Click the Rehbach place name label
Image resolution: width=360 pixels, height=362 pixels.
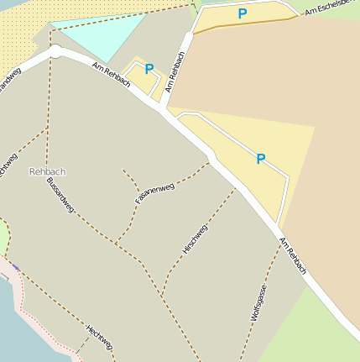(x=47, y=171)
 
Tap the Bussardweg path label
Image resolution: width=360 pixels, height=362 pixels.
(x=60, y=195)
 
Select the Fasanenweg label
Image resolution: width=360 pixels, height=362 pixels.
(x=154, y=193)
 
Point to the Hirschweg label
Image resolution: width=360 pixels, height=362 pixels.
(x=195, y=239)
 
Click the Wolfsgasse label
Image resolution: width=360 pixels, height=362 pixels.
(x=258, y=303)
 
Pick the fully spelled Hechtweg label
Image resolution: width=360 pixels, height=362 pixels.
(x=99, y=337)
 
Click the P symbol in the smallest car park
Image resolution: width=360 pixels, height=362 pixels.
(x=149, y=69)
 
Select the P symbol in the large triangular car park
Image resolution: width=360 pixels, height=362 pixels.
(x=260, y=158)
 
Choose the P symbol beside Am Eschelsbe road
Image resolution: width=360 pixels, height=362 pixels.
(x=243, y=13)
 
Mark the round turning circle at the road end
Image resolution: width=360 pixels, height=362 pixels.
(x=55, y=51)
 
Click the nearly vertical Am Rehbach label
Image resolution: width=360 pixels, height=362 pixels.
(x=175, y=71)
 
